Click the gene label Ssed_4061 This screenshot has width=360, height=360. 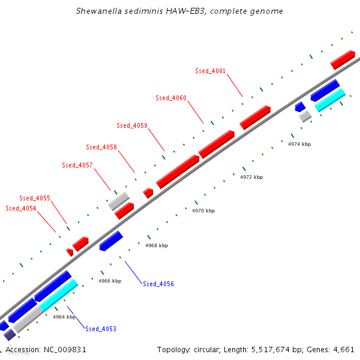click(210, 71)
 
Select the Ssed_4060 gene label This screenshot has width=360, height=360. click(170, 98)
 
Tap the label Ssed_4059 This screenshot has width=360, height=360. click(132, 126)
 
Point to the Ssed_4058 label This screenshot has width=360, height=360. click(101, 148)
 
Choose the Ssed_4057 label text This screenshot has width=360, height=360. click(77, 166)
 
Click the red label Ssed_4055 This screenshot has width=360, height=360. click(35, 198)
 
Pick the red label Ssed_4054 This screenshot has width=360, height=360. click(21, 209)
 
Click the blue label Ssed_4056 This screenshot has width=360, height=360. click(158, 284)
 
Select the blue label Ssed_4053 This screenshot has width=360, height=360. click(101, 329)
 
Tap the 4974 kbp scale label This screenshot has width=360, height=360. click(299, 145)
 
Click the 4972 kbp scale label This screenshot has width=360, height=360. click(251, 178)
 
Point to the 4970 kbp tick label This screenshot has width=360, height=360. click(203, 211)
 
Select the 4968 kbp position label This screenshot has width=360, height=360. click(157, 245)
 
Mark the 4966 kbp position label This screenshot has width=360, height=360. click(110, 281)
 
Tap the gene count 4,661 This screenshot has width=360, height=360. click(344, 349)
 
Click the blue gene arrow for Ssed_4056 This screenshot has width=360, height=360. click(111, 241)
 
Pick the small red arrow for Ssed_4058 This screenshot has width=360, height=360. click(148, 193)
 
